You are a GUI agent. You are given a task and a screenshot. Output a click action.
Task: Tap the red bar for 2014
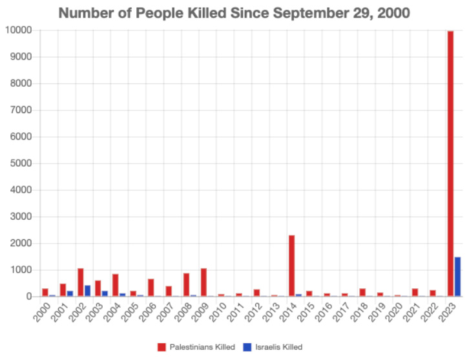click(292, 266)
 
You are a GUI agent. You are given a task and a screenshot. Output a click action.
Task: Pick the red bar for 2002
click(81, 282)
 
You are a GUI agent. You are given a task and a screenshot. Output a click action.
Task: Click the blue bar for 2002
click(88, 291)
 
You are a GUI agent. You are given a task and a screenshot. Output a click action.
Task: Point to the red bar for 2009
click(204, 282)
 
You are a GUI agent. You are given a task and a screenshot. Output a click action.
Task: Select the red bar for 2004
click(116, 285)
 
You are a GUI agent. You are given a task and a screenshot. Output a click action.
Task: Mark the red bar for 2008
click(186, 284)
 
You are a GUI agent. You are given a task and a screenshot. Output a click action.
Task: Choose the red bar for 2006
click(151, 288)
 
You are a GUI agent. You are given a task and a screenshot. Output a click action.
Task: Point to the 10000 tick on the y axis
click(20, 30)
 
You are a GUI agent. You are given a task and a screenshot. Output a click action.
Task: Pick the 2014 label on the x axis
click(290, 309)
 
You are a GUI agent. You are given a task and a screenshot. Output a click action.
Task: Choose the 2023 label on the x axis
click(448, 309)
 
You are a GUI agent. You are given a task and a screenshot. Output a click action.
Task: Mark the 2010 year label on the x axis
click(220, 309)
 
